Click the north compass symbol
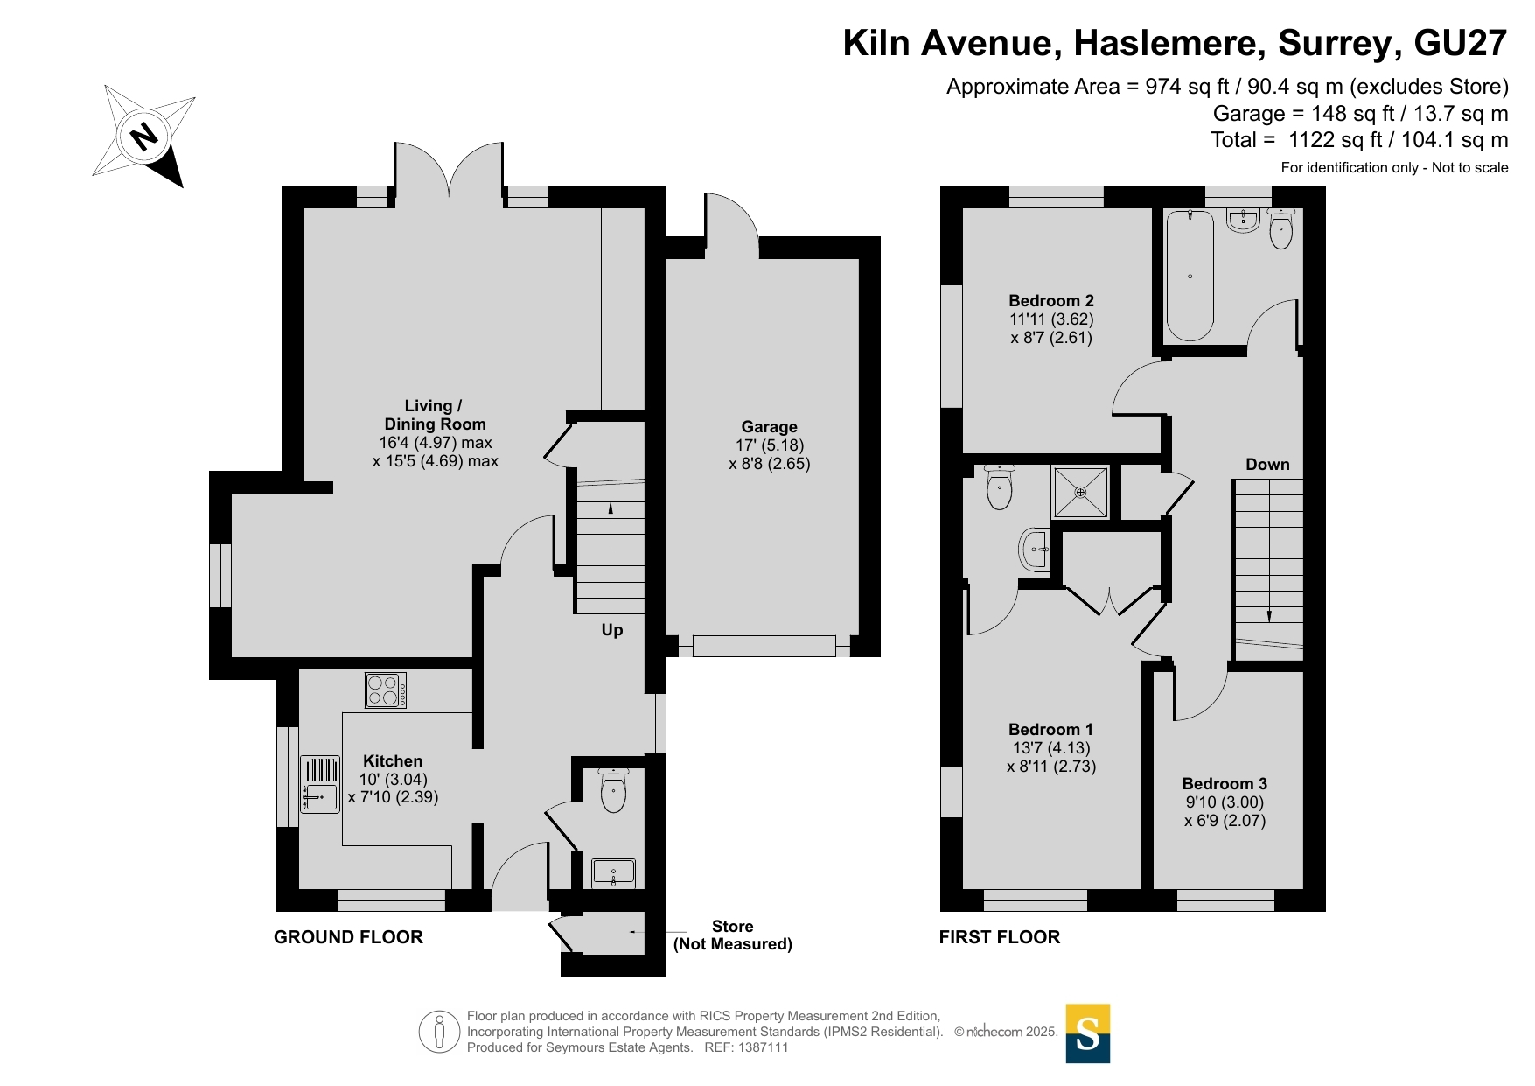point(144,136)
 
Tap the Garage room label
point(769,427)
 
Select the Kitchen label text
point(393,761)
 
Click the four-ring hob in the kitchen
point(386,690)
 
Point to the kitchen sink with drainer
point(320,784)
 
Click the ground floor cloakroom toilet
point(613,790)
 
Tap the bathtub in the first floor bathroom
point(1190,276)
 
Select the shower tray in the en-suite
point(1081,493)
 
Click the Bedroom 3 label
point(1225,784)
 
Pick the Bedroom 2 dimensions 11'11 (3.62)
point(1052,319)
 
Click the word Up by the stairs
point(612,630)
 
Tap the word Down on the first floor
point(1267,465)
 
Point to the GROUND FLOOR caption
point(348,937)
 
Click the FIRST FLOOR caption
point(1000,937)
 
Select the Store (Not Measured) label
point(733,935)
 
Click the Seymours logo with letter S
point(1088,1033)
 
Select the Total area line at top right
point(1359,140)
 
